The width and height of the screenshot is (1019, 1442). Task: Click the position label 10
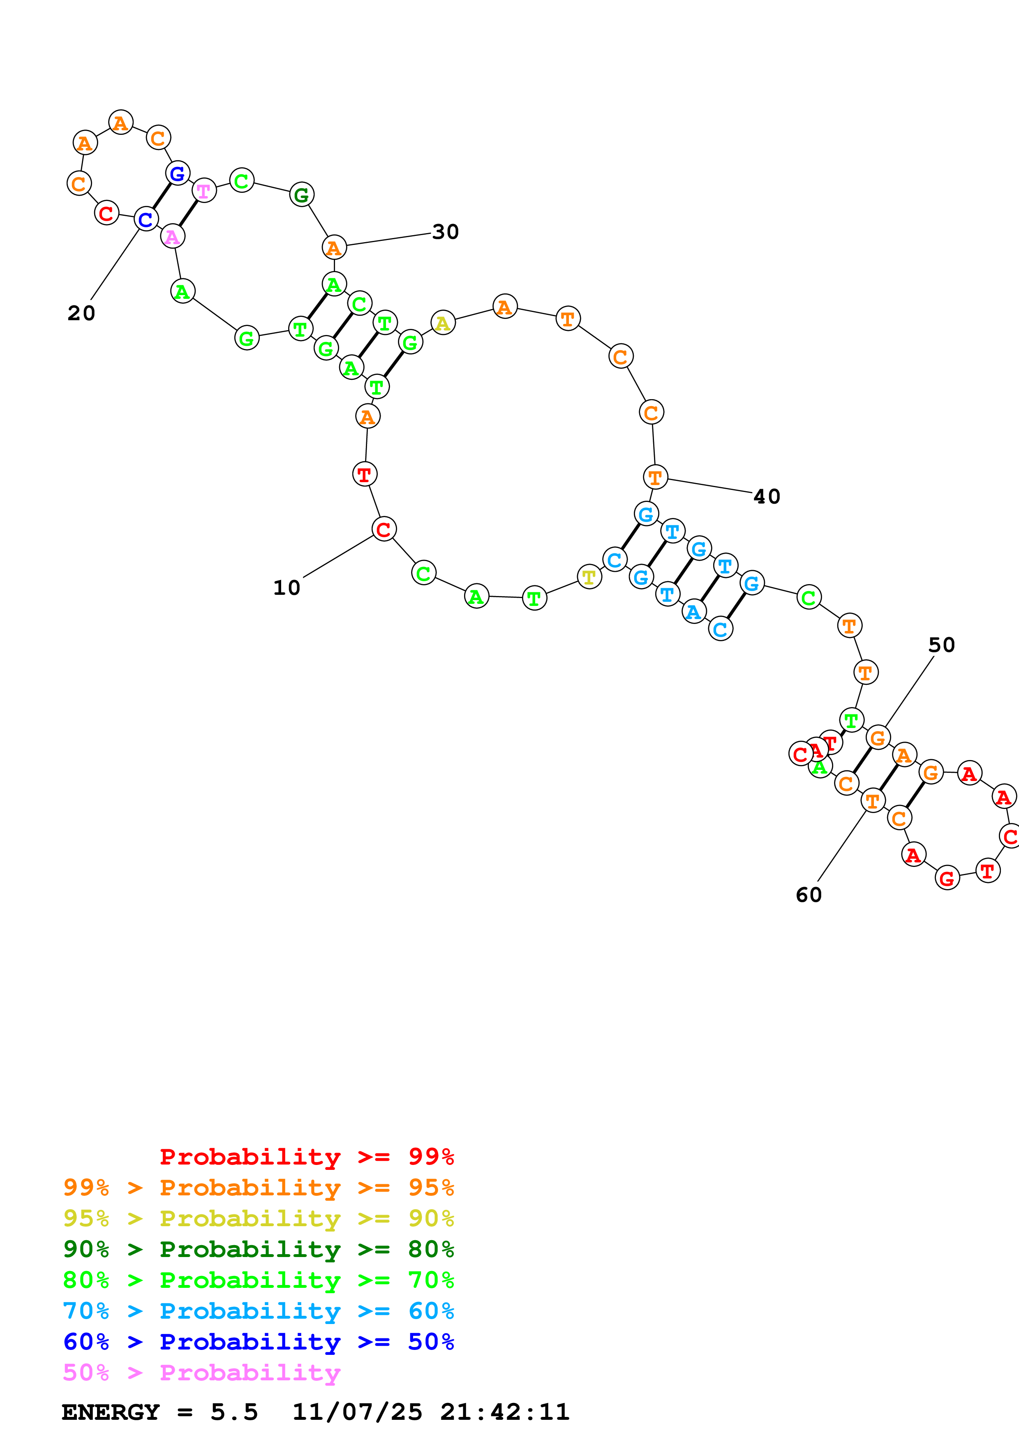click(287, 588)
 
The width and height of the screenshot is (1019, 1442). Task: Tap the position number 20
click(82, 313)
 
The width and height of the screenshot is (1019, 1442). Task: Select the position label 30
click(446, 232)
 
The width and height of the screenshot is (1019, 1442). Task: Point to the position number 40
click(767, 497)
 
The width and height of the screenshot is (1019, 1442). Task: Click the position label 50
click(941, 645)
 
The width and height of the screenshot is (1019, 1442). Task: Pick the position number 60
click(809, 895)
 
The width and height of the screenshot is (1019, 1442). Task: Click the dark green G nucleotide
click(301, 195)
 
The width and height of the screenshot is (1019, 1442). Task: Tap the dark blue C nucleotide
click(146, 219)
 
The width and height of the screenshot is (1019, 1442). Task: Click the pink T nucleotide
click(204, 190)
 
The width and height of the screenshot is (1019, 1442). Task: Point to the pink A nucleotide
click(173, 237)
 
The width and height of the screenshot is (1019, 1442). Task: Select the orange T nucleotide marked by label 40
click(655, 477)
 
